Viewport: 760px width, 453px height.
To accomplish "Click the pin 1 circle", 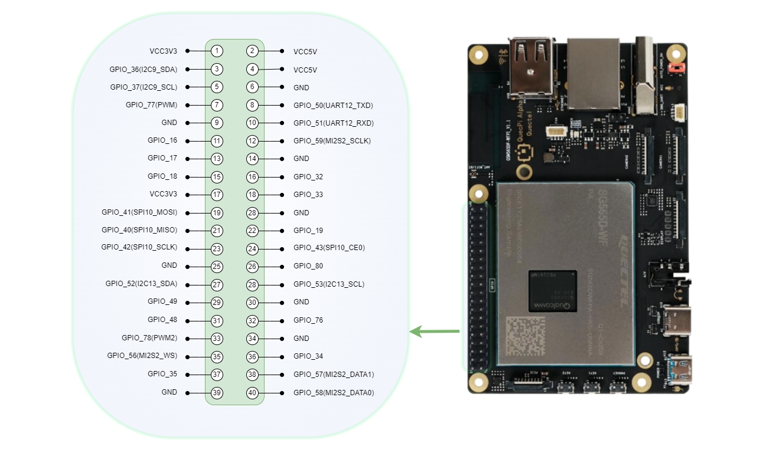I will (217, 51).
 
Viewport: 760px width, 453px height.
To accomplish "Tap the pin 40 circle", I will (253, 393).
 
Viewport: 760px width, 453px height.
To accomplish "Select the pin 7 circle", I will (217, 105).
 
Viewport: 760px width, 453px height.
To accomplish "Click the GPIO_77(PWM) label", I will (151, 105).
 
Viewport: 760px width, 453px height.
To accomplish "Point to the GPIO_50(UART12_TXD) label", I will (333, 106).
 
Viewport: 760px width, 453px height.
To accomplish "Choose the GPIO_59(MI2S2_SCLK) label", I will (332, 141).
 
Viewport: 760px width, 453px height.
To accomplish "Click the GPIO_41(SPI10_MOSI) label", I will (139, 212).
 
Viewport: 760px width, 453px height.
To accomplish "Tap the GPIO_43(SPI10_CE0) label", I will (329, 248).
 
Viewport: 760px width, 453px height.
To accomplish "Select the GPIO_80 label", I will (308, 266).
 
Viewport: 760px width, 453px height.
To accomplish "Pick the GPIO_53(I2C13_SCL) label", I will (329, 284).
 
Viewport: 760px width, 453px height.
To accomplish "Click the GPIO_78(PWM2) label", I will (149, 338).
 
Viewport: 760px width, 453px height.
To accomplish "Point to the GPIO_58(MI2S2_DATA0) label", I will (334, 393).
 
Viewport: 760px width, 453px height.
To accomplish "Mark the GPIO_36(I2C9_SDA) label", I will (143, 69).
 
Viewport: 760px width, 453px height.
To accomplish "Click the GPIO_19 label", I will (308, 231).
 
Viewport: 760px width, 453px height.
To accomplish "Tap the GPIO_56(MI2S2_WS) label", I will (142, 356).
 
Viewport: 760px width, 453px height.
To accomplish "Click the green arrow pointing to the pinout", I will (434, 331).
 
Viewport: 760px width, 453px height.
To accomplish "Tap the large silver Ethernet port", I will (593, 74).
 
